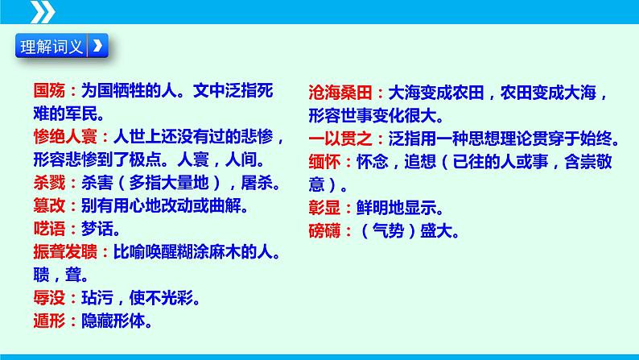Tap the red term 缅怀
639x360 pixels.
322,161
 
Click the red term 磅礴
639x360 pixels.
322,230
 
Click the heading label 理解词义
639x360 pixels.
51,45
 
